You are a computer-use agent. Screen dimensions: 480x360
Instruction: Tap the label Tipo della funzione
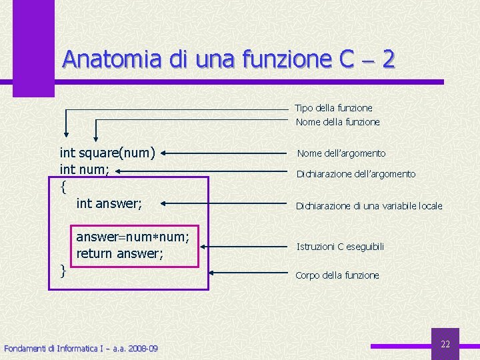333,107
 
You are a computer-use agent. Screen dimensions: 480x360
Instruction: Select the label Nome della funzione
337,122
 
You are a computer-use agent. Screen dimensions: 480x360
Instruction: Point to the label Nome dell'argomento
341,153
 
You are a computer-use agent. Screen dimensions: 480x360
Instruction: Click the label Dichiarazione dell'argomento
355,174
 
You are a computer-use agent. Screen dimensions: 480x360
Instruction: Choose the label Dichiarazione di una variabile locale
369,206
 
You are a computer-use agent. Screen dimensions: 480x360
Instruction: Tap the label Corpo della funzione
337,275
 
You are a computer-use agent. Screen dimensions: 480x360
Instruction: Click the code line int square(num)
107,154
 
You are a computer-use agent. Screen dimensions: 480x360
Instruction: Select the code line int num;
85,171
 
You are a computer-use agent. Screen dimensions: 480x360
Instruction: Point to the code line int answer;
109,203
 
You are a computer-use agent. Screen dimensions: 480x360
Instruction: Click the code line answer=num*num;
133,237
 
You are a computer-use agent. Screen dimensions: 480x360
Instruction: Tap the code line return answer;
120,253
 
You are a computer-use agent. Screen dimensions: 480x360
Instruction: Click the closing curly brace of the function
63,270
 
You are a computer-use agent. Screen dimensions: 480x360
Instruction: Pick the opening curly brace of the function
63,187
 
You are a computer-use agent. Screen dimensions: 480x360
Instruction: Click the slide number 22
445,344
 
